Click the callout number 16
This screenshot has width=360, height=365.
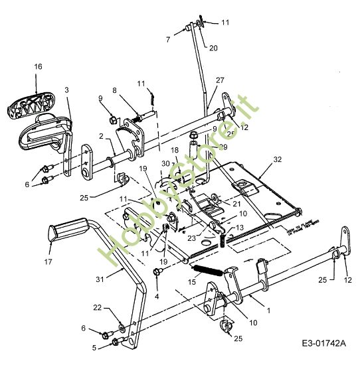(38, 67)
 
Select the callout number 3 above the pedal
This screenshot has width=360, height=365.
(66, 89)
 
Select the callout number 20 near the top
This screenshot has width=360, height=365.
(213, 47)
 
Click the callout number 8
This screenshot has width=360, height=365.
(114, 90)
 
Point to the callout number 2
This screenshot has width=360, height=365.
(102, 136)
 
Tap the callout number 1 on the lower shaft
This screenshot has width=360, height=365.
(268, 310)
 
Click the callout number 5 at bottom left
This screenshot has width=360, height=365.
(94, 346)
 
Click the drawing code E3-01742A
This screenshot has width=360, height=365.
(323, 344)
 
